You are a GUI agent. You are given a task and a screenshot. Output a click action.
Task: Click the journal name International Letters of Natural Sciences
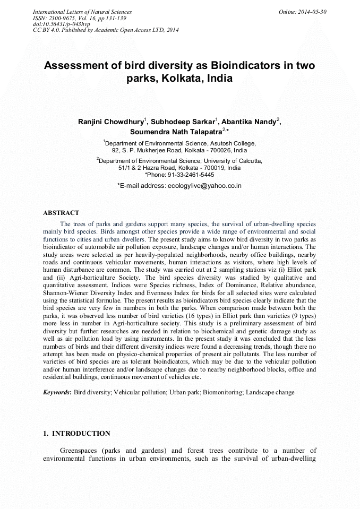click(x=82, y=12)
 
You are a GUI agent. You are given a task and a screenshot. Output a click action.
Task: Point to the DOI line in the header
click(x=62, y=24)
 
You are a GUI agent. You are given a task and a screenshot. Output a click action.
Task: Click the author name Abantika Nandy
click(x=248, y=122)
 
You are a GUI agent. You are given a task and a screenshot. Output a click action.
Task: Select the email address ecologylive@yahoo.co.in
click(x=204, y=186)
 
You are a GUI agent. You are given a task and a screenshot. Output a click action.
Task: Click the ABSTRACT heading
click(x=61, y=213)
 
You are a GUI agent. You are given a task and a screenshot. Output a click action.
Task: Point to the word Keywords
click(x=56, y=392)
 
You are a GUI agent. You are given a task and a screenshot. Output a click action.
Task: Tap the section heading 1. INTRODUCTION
click(x=76, y=434)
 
